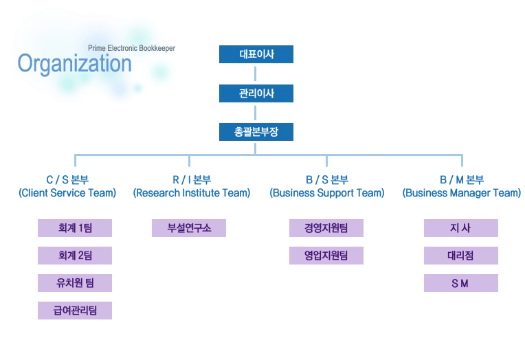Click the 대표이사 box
[x=256, y=54]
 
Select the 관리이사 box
[x=256, y=93]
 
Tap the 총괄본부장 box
[x=256, y=132]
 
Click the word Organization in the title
[x=75, y=64]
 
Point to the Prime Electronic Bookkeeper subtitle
[x=131, y=48]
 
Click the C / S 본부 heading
[x=67, y=180]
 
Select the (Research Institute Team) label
[x=192, y=193]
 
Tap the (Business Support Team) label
[x=327, y=193]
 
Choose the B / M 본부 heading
[x=462, y=180]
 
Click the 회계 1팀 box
[x=75, y=228]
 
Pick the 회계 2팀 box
[x=75, y=256]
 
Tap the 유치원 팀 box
[x=75, y=283]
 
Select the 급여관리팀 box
[x=75, y=311]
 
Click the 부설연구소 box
[x=189, y=228]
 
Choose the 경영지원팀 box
[x=326, y=228]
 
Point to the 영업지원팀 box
[x=326, y=256]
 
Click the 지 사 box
[x=460, y=228]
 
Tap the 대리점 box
[x=460, y=256]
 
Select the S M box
[x=460, y=283]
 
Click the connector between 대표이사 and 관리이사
[x=256, y=74]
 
